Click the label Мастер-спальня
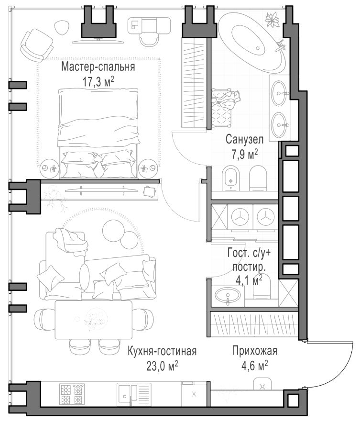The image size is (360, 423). [98, 67]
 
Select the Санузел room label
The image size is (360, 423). [244, 140]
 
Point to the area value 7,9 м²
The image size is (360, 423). [244, 154]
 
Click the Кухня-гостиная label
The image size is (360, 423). [162, 352]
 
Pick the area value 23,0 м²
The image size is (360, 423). [163, 366]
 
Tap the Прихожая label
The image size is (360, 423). [254, 352]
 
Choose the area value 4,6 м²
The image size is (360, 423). [254, 366]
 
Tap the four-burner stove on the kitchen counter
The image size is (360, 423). [72, 394]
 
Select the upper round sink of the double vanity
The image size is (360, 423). [279, 90]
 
